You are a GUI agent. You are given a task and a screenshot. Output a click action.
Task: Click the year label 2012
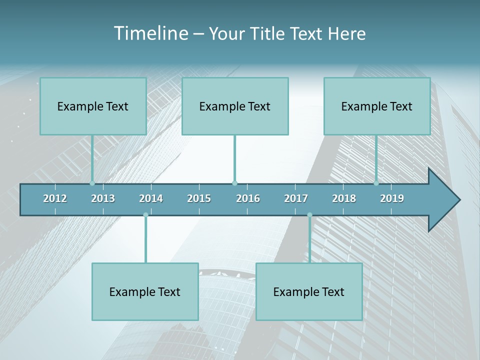pyautogui.click(x=55, y=198)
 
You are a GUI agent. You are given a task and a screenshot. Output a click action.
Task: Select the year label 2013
pyautogui.click(x=103, y=198)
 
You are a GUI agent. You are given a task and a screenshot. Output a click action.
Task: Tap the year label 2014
pyautogui.click(x=151, y=198)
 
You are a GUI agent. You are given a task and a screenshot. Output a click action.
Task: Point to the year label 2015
pyautogui.click(x=199, y=198)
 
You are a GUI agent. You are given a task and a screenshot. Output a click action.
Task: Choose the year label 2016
pyautogui.click(x=248, y=198)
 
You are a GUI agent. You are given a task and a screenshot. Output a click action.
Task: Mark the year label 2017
pyautogui.click(x=296, y=198)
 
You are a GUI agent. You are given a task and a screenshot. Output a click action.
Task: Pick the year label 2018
pyautogui.click(x=344, y=198)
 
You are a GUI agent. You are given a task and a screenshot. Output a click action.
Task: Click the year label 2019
pyautogui.click(x=392, y=198)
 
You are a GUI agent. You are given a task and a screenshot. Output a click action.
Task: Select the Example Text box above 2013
pyautogui.click(x=93, y=106)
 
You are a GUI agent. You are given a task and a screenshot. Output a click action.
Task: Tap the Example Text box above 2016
pyautogui.click(x=235, y=106)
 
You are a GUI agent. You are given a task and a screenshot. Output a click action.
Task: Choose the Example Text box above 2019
pyautogui.click(x=377, y=106)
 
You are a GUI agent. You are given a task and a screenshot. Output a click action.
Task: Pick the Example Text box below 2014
pyautogui.click(x=145, y=291)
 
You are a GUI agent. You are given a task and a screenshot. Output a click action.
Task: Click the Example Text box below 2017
pyautogui.click(x=309, y=291)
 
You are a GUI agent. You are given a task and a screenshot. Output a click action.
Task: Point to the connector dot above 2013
pyautogui.click(x=92, y=183)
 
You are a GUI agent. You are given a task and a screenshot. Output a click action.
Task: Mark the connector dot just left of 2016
pyautogui.click(x=234, y=183)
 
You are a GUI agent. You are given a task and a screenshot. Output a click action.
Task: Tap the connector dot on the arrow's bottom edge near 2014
pyautogui.click(x=145, y=215)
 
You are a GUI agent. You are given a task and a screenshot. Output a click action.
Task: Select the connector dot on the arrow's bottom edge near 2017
pyautogui.click(x=309, y=215)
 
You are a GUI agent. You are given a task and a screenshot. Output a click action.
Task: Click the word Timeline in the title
pyautogui.click(x=150, y=33)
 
